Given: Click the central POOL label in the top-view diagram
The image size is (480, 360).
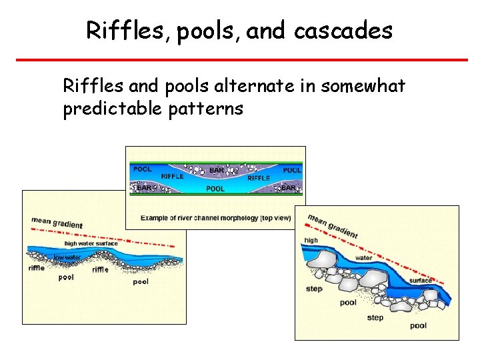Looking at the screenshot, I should tap(215, 189).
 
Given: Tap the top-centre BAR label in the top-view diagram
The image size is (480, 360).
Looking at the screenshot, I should tap(217, 171).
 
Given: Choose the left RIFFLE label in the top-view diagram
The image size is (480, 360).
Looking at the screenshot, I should tap(173, 177).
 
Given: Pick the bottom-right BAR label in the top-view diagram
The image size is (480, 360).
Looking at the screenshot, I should tap(289, 188).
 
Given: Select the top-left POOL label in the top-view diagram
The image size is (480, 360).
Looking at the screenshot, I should tap(143, 169).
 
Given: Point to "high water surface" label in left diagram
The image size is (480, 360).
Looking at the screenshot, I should tap(91, 243).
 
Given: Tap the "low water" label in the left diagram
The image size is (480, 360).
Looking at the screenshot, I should tap(67, 257).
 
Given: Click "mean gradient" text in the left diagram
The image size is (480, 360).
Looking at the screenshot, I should tap(57, 223).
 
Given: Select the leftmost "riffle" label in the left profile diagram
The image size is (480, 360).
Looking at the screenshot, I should tap(37, 269).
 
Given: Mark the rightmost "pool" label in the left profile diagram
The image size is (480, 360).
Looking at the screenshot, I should tap(141, 281).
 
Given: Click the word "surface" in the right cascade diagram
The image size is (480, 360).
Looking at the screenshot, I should tap(421, 281).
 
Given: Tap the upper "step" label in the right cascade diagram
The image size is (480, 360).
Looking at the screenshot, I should tap(314, 289).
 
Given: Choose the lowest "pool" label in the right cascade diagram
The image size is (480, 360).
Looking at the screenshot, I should tap(418, 325).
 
